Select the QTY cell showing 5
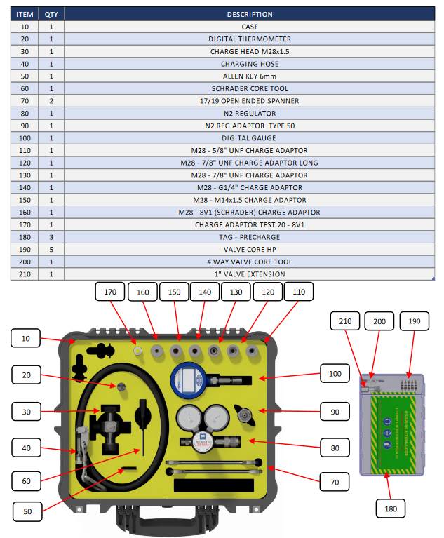point(51,249)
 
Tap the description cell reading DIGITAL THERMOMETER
point(250,39)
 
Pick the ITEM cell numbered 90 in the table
point(25,126)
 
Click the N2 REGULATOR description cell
point(250,113)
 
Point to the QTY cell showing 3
point(51,237)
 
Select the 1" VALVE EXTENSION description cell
point(250,274)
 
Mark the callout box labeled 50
point(27,511)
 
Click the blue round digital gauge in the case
point(189,379)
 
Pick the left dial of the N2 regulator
point(190,419)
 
